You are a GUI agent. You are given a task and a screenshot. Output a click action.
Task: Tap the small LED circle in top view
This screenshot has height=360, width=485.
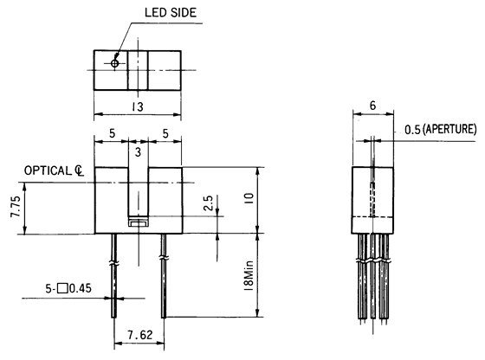click(x=116, y=63)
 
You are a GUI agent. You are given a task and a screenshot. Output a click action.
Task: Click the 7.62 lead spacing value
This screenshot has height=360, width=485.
click(x=138, y=332)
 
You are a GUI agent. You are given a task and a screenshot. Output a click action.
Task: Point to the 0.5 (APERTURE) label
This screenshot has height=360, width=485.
click(x=440, y=130)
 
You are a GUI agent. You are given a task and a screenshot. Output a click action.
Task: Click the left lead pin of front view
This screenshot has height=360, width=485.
click(x=113, y=286)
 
